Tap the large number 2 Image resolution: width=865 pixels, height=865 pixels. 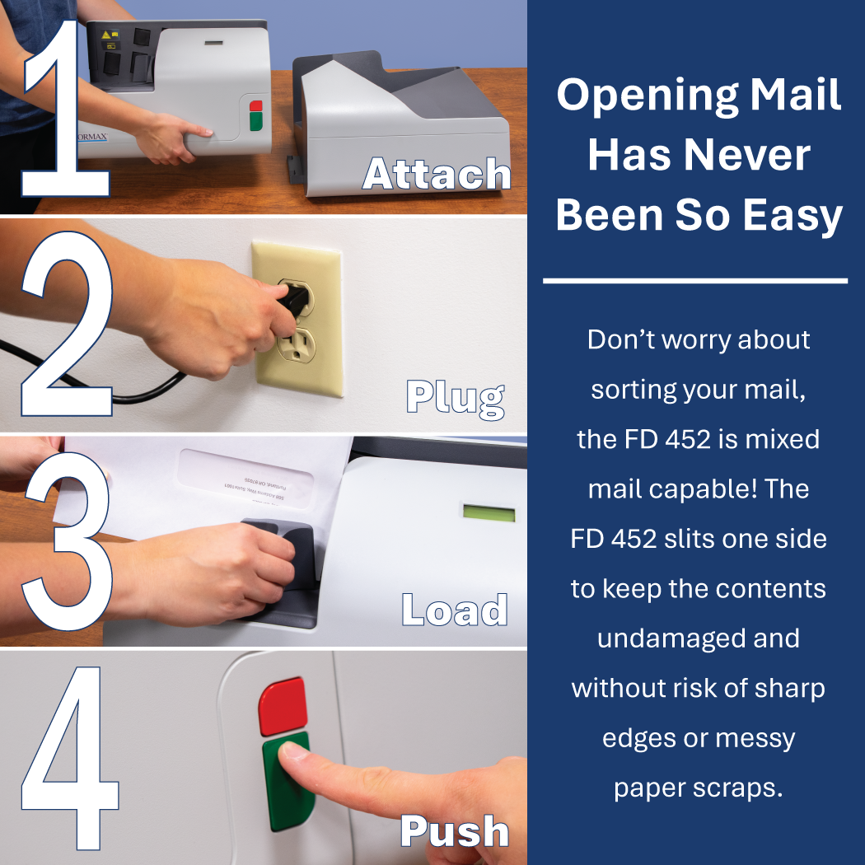tap(66, 325)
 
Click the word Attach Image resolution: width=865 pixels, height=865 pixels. tap(437, 175)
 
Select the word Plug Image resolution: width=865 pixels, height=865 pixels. tap(455, 397)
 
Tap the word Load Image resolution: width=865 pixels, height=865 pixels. tap(454, 610)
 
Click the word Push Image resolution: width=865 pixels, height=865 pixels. tap(454, 830)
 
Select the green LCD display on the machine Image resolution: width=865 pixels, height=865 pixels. tap(489, 514)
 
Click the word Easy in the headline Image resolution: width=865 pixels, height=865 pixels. tap(792, 215)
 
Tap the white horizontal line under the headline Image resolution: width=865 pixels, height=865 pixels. tap(695, 281)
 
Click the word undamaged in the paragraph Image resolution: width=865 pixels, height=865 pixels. tap(698, 638)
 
